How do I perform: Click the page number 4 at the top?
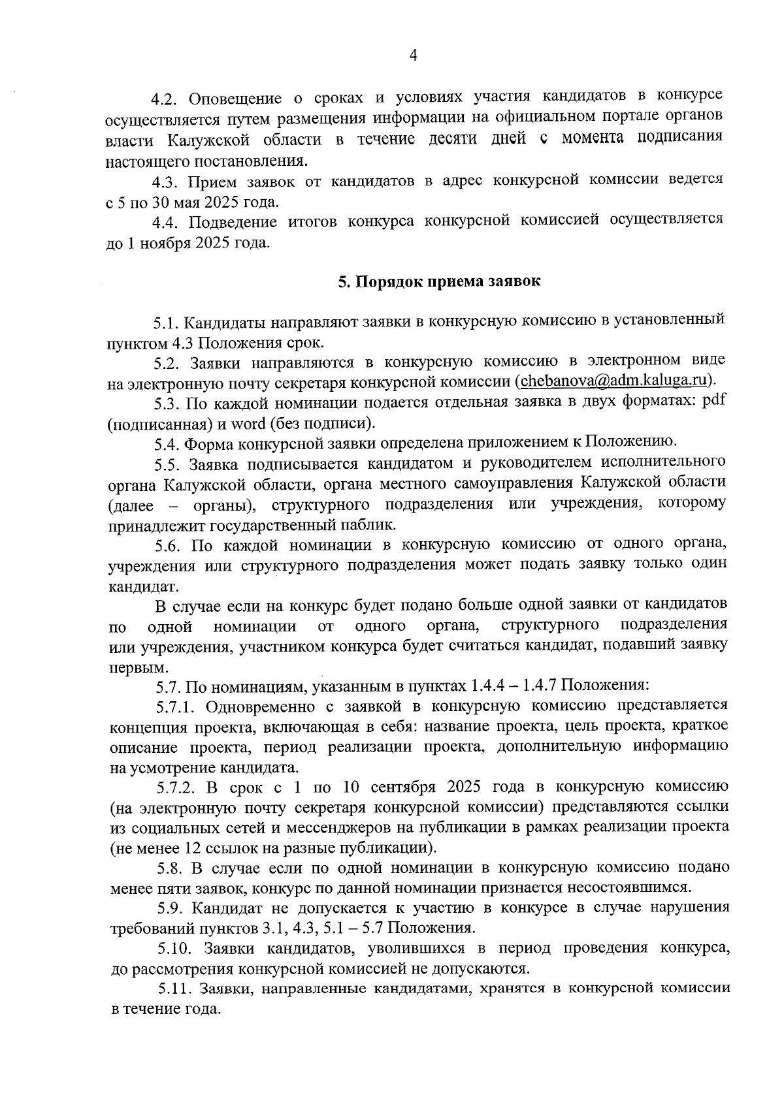click(x=413, y=56)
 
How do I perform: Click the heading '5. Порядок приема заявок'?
click(x=439, y=282)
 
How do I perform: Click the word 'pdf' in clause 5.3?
click(x=713, y=401)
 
